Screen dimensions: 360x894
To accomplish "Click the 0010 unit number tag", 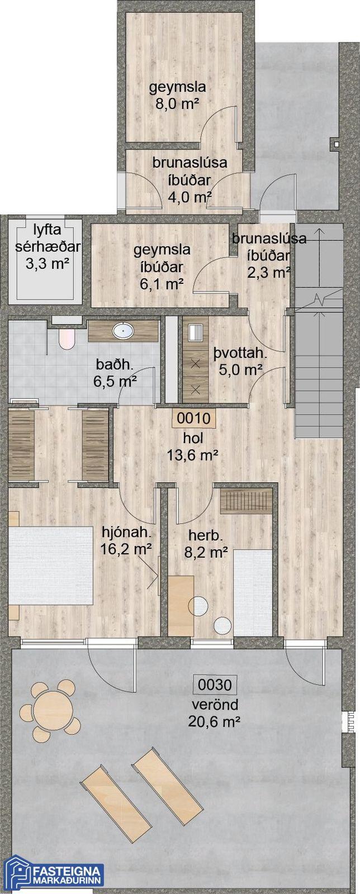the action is tap(193, 419).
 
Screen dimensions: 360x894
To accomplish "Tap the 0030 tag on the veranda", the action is tap(215, 685).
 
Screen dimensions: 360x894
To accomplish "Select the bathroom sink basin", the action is tap(123, 330).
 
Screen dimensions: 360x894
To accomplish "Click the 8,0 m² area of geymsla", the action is tap(178, 104).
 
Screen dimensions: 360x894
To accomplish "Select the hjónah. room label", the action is tap(127, 531).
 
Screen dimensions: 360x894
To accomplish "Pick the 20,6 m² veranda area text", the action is tap(216, 721).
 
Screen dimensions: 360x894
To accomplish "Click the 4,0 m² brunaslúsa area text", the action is tap(189, 197).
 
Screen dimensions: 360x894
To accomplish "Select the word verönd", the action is tap(215, 705).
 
